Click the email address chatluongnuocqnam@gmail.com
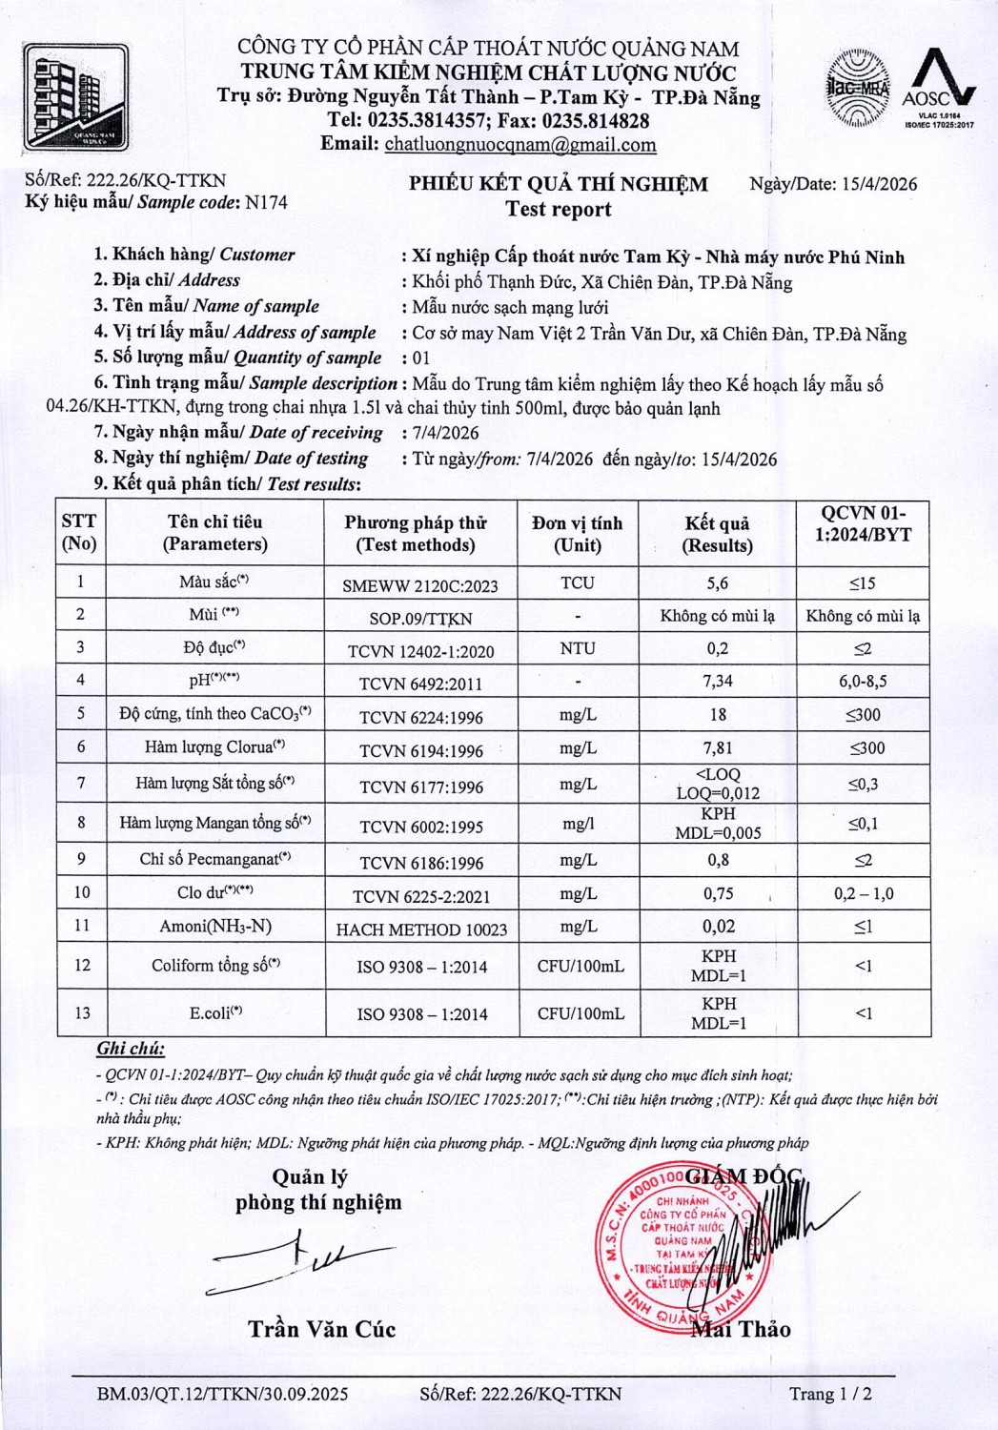pos(519,145)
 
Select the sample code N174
pos(266,202)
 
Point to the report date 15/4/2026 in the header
pos(879,184)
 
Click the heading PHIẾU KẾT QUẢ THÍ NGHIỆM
pos(559,184)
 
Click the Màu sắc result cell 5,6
pos(718,582)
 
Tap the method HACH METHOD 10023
pos(421,929)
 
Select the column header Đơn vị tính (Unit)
pos(578,534)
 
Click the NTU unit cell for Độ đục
pos(578,648)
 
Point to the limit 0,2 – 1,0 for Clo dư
pos(864,893)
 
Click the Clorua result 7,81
pos(718,747)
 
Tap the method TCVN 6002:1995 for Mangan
pos(421,827)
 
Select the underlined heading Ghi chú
pos(131,1049)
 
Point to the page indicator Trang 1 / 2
pos(830,1394)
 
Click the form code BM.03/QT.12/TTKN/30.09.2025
pos(222,1394)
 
